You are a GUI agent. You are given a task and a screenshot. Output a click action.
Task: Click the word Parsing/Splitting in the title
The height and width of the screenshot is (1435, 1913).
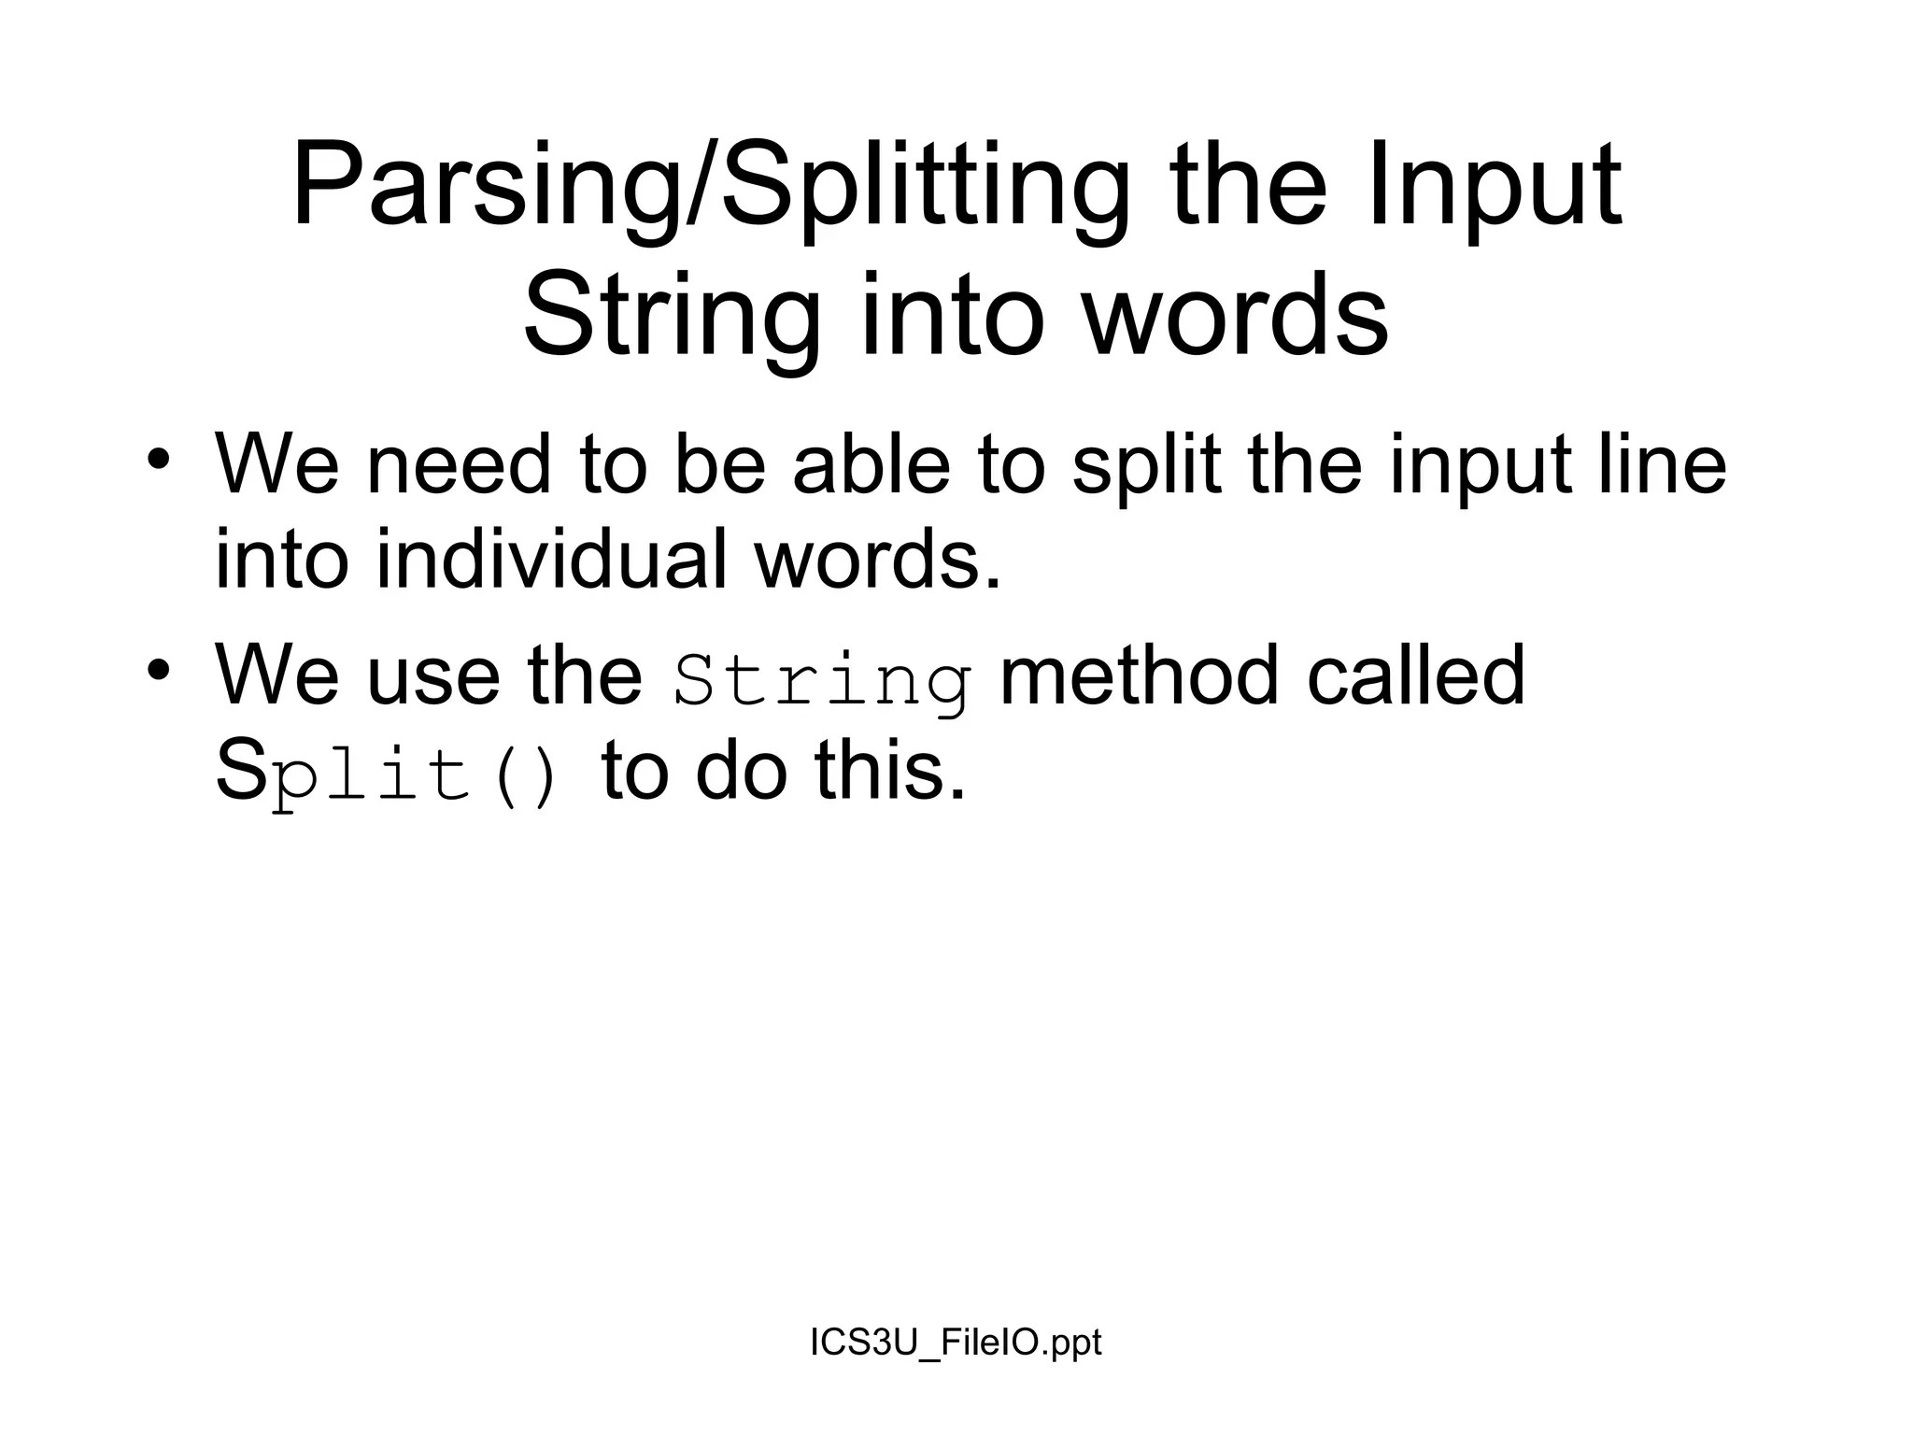710,187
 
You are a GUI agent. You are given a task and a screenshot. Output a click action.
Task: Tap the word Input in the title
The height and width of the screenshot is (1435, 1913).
1495,187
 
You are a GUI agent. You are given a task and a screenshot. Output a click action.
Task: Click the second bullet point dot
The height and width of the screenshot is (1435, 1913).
159,670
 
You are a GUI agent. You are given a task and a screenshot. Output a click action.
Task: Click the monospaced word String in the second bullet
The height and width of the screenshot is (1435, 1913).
822,678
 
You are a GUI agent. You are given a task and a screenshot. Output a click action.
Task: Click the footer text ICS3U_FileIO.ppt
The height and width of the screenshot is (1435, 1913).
956,1343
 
